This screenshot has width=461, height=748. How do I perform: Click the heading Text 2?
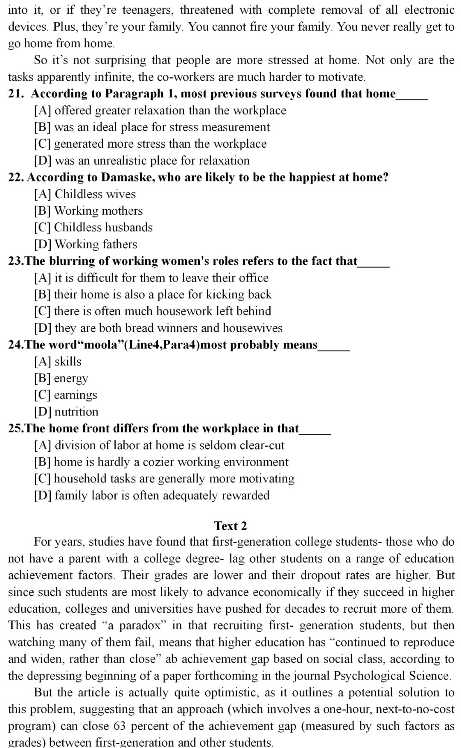click(x=230, y=526)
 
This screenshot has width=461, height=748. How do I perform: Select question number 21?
click(x=16, y=93)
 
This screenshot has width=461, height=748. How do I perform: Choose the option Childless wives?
click(x=95, y=194)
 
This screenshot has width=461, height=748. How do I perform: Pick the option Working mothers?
click(x=98, y=211)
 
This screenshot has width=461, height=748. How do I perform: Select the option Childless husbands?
click(x=103, y=228)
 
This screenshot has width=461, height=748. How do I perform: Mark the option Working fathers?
click(x=96, y=244)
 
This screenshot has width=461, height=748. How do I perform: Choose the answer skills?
click(x=68, y=362)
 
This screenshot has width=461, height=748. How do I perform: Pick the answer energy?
click(x=71, y=379)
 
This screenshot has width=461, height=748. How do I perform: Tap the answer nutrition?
click(x=76, y=412)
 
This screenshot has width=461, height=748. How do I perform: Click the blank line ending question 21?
click(x=412, y=98)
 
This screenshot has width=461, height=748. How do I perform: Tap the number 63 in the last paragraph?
click(x=120, y=726)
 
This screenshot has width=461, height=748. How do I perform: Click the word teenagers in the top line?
click(x=144, y=10)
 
